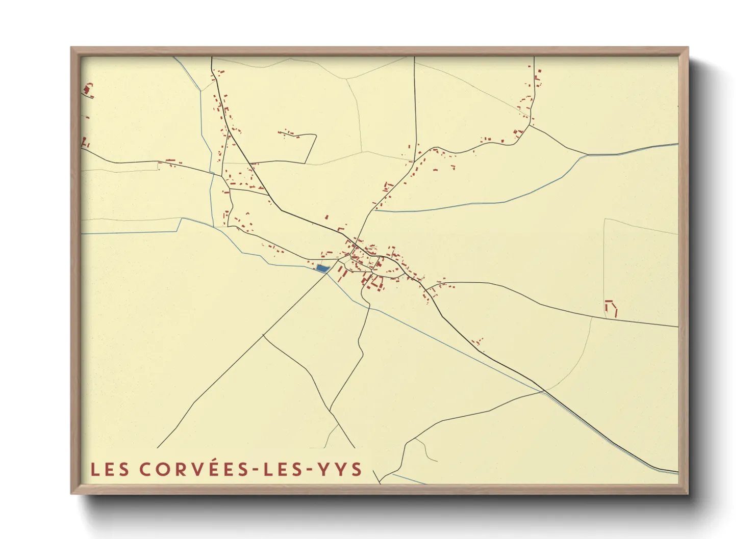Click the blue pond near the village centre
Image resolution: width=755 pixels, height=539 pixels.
coord(322,268)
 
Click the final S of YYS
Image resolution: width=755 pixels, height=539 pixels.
coord(356,470)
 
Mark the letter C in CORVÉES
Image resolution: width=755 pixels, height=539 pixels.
coord(145,470)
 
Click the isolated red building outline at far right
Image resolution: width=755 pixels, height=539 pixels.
coord(611,308)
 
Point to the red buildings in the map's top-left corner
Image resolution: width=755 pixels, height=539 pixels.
coord(88,91)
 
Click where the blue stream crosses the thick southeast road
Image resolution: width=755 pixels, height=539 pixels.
coord(544,391)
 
